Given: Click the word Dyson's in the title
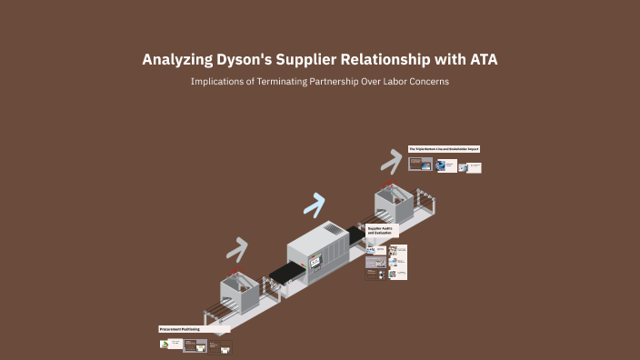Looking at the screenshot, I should tap(238, 60).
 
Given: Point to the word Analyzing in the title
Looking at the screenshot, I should tap(173, 60).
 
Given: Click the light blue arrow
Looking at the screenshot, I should tap(315, 205).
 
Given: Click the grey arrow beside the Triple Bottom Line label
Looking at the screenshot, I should tap(391, 160).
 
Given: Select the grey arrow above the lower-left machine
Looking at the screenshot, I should tap(237, 248).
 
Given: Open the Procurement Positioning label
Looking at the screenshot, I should tap(180, 328).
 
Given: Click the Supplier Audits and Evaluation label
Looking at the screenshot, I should tap(380, 231).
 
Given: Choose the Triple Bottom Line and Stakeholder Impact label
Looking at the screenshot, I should tap(444, 148).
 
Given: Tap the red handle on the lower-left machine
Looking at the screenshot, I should tap(237, 275).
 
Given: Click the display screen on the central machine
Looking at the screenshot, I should tap(316, 261).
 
